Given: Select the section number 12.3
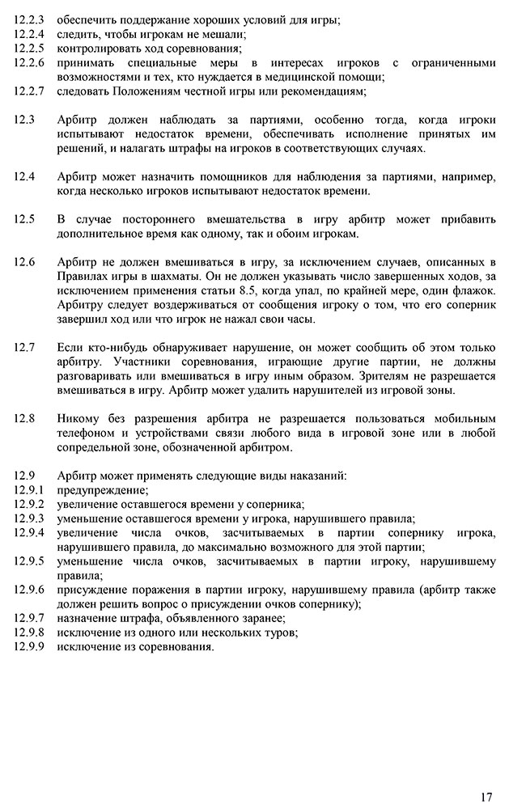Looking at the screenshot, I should coord(24,120).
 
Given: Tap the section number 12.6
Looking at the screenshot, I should coord(24,262).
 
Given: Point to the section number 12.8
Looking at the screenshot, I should coord(24,419).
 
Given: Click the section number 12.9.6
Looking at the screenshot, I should coord(29,590).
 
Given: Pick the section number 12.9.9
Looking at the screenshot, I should coord(29,647).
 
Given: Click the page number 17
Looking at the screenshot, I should coord(486,774).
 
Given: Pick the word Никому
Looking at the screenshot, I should coord(79,419).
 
